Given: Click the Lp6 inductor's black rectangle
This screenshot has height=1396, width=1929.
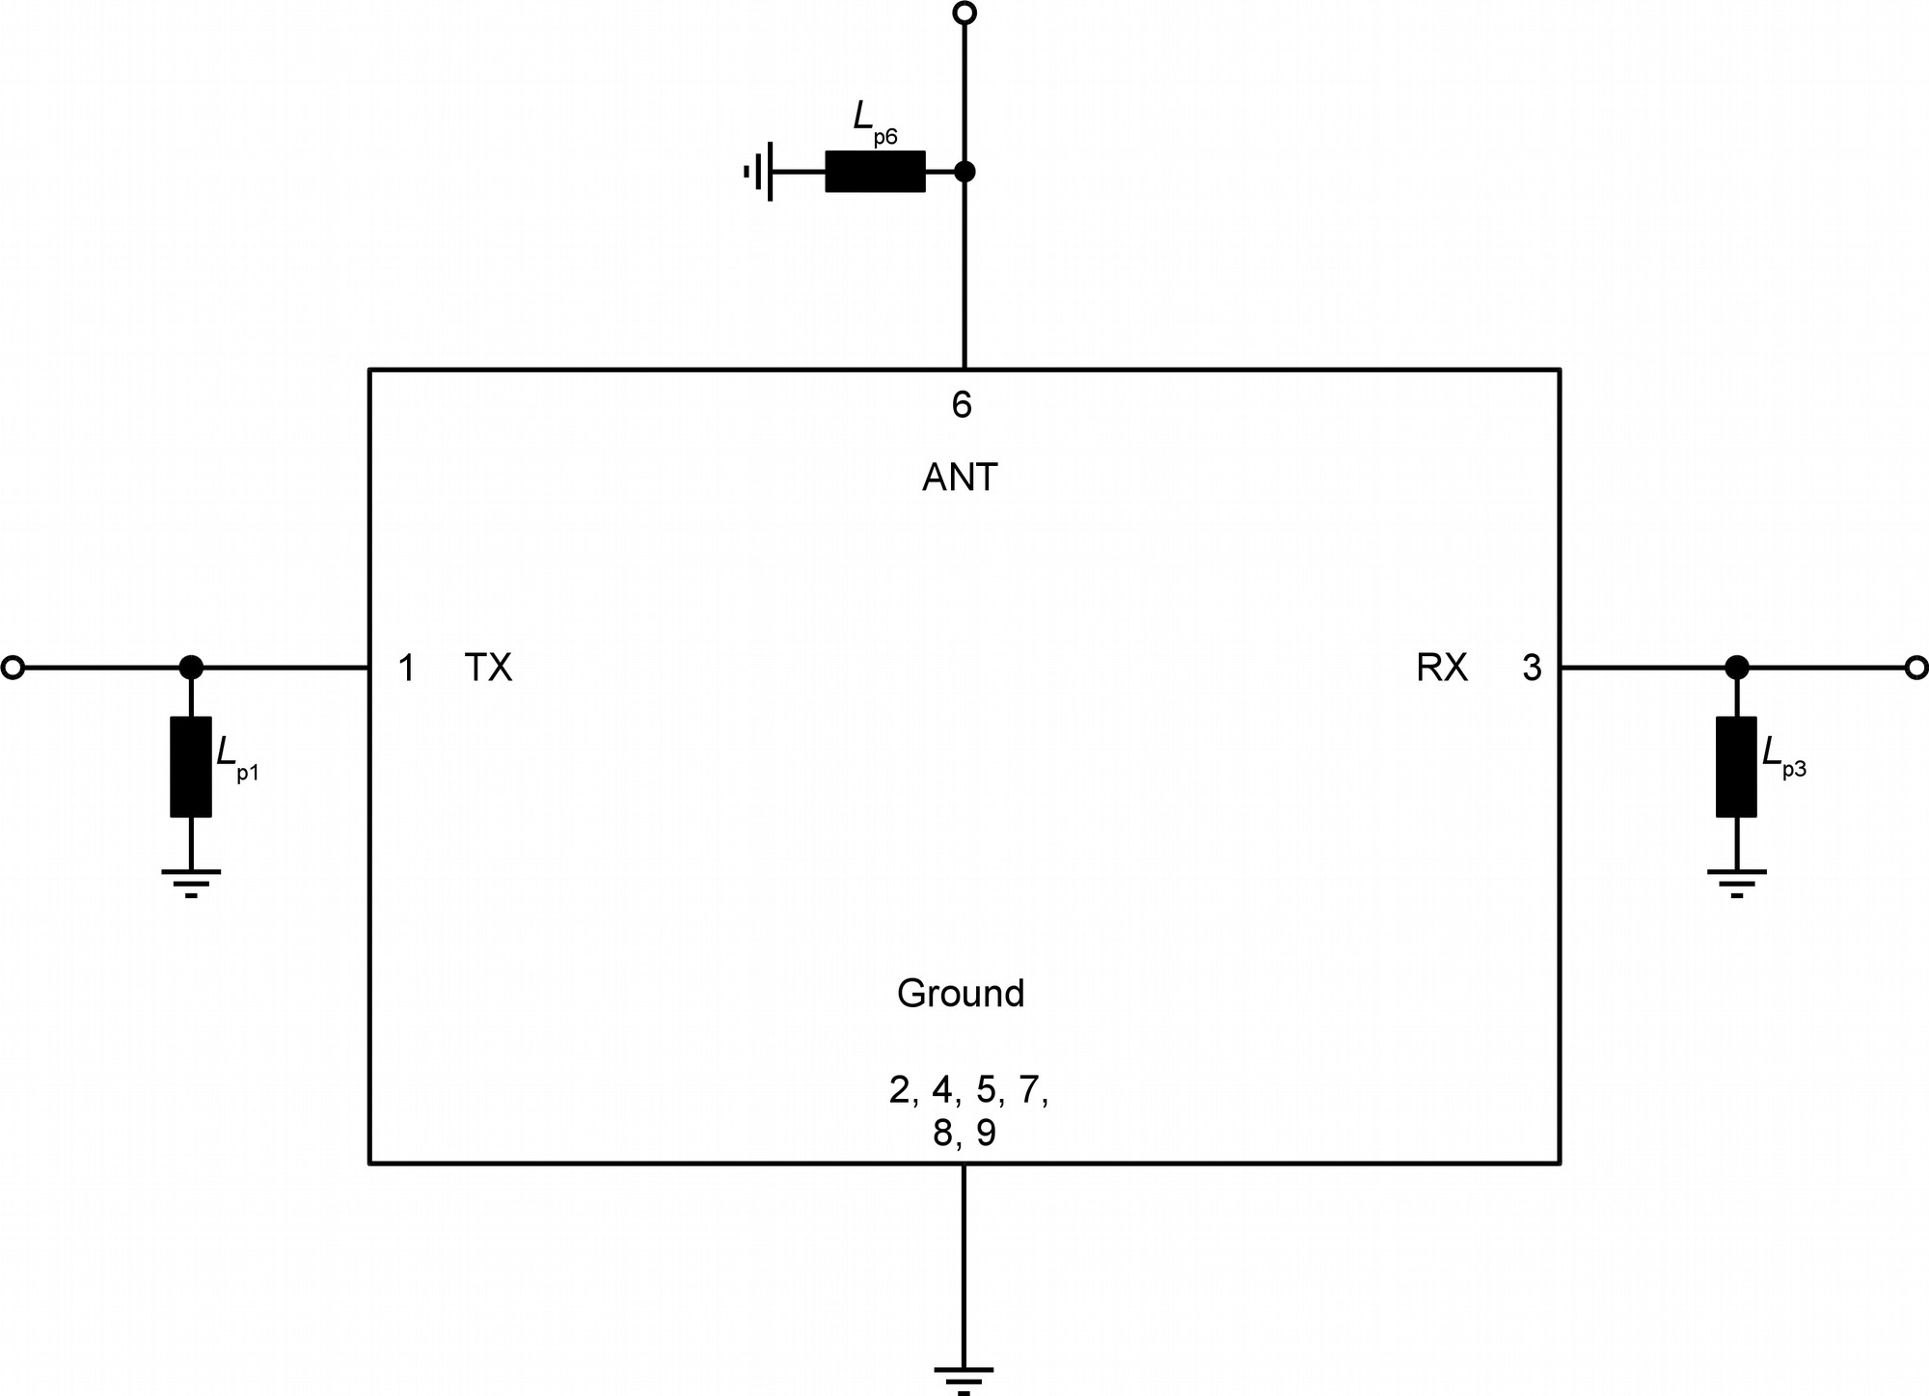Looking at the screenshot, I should [x=875, y=172].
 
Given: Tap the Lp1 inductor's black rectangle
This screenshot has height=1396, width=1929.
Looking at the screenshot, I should [x=191, y=767].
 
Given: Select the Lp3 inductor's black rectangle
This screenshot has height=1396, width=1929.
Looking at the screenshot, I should [x=1736, y=767].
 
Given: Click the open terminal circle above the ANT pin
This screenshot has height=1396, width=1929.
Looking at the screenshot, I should [x=964, y=13].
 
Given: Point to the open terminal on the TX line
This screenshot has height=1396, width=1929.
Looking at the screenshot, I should [x=13, y=667].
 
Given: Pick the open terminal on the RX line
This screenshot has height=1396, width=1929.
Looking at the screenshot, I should [x=1916, y=667].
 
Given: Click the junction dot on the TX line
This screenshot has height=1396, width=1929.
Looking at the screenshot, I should [x=191, y=667].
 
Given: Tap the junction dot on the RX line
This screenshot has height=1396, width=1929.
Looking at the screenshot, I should [x=1736, y=667].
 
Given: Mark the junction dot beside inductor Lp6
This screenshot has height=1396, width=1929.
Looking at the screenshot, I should [x=964, y=172].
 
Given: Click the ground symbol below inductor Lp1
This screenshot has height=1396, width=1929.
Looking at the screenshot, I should [x=191, y=880].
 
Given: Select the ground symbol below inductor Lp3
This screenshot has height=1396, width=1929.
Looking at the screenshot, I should [x=1736, y=880].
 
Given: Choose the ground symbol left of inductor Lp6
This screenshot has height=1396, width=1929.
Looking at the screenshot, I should [x=760, y=172].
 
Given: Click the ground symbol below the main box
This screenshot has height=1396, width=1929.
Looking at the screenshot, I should [x=964, y=1377].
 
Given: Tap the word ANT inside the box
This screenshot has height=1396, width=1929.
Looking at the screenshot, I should [x=960, y=478].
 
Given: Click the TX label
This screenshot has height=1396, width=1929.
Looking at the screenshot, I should [x=488, y=668].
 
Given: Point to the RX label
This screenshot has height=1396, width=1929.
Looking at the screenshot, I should [x=1442, y=668].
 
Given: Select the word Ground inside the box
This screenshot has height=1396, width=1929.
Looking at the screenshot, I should [x=961, y=994].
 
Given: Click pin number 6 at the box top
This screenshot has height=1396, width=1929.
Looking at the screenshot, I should [x=962, y=405].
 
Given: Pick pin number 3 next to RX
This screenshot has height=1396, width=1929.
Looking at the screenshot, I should [x=1532, y=668].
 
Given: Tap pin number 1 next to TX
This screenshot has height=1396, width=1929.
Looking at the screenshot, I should [x=407, y=668].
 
